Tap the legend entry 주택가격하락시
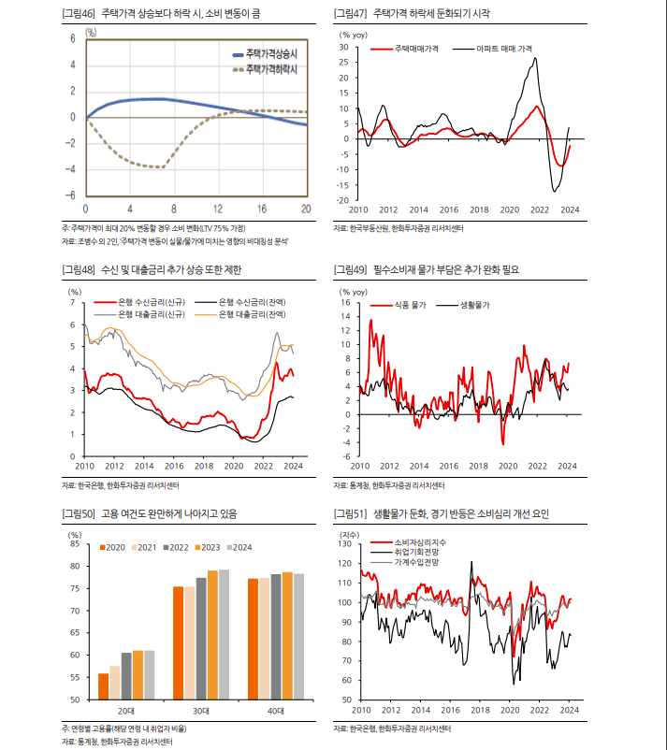coord(268,68)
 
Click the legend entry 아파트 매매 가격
coord(504,46)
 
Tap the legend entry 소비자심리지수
coord(421,542)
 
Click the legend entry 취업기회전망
coord(417,553)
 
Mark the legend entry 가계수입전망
coord(417,563)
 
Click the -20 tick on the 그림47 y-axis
coord(342,200)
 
